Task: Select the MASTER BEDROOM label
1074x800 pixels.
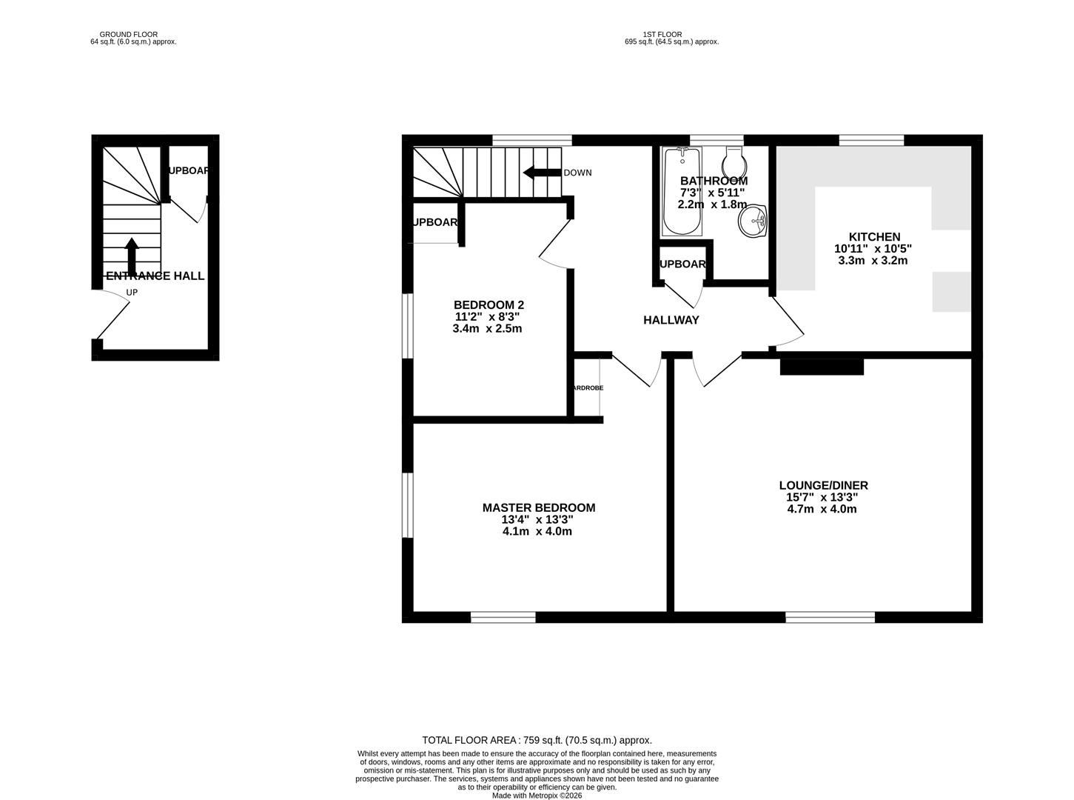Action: (x=538, y=507)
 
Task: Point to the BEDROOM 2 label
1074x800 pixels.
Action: (x=489, y=304)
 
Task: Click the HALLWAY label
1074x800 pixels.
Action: (x=671, y=320)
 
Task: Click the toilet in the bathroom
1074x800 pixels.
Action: (x=733, y=159)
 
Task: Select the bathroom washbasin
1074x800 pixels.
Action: (x=753, y=221)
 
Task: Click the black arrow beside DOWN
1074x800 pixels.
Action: (x=541, y=173)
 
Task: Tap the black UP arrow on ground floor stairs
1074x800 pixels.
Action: (x=132, y=256)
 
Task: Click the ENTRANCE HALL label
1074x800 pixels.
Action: (x=155, y=276)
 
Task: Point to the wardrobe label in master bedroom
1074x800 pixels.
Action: (x=586, y=387)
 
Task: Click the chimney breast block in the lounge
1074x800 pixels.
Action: (x=822, y=367)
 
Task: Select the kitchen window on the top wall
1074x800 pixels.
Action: (x=871, y=140)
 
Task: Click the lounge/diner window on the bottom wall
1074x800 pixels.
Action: (x=830, y=616)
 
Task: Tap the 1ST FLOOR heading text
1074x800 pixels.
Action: (x=662, y=34)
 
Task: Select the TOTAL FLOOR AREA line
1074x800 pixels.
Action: (x=537, y=740)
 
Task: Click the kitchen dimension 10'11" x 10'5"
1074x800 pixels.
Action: (x=873, y=249)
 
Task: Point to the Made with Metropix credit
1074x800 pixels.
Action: (x=537, y=796)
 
